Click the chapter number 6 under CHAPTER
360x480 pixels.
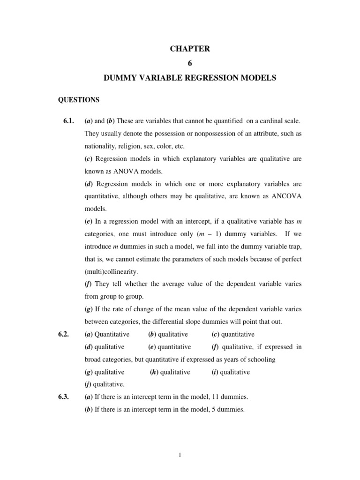190,63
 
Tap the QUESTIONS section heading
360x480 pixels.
78,100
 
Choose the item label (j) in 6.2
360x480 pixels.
89,384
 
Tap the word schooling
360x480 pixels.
259,359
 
